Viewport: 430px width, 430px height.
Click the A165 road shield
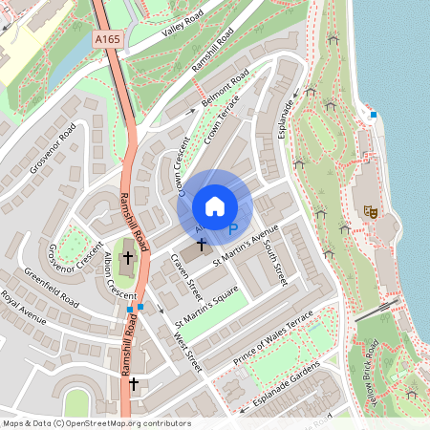click(x=107, y=38)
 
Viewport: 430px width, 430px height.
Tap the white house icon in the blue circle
click(x=215, y=206)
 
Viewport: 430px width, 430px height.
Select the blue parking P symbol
click(x=232, y=229)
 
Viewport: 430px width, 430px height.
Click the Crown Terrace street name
click(x=222, y=124)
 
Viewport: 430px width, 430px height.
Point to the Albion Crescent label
click(x=119, y=277)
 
